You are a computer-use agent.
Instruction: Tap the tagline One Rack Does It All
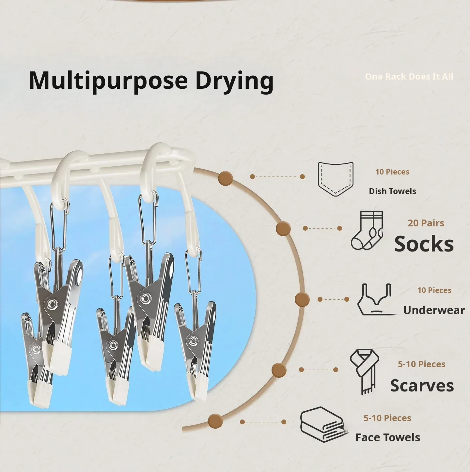409,76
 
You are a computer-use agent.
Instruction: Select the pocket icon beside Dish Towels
336,179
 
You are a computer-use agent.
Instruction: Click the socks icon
367,231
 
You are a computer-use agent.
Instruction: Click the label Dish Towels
393,191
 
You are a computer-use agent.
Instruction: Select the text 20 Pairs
426,223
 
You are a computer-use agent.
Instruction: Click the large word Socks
424,244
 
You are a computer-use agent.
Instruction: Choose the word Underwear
434,310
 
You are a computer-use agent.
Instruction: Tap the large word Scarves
422,386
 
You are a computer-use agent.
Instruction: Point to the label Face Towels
388,437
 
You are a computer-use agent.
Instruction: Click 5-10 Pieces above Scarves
421,364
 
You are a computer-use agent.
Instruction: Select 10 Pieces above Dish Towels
392,172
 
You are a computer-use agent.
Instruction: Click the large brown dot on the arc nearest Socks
283,229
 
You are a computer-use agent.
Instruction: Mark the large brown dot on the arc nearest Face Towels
215,421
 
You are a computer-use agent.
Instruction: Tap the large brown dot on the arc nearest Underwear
302,299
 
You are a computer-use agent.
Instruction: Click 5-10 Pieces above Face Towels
387,418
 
